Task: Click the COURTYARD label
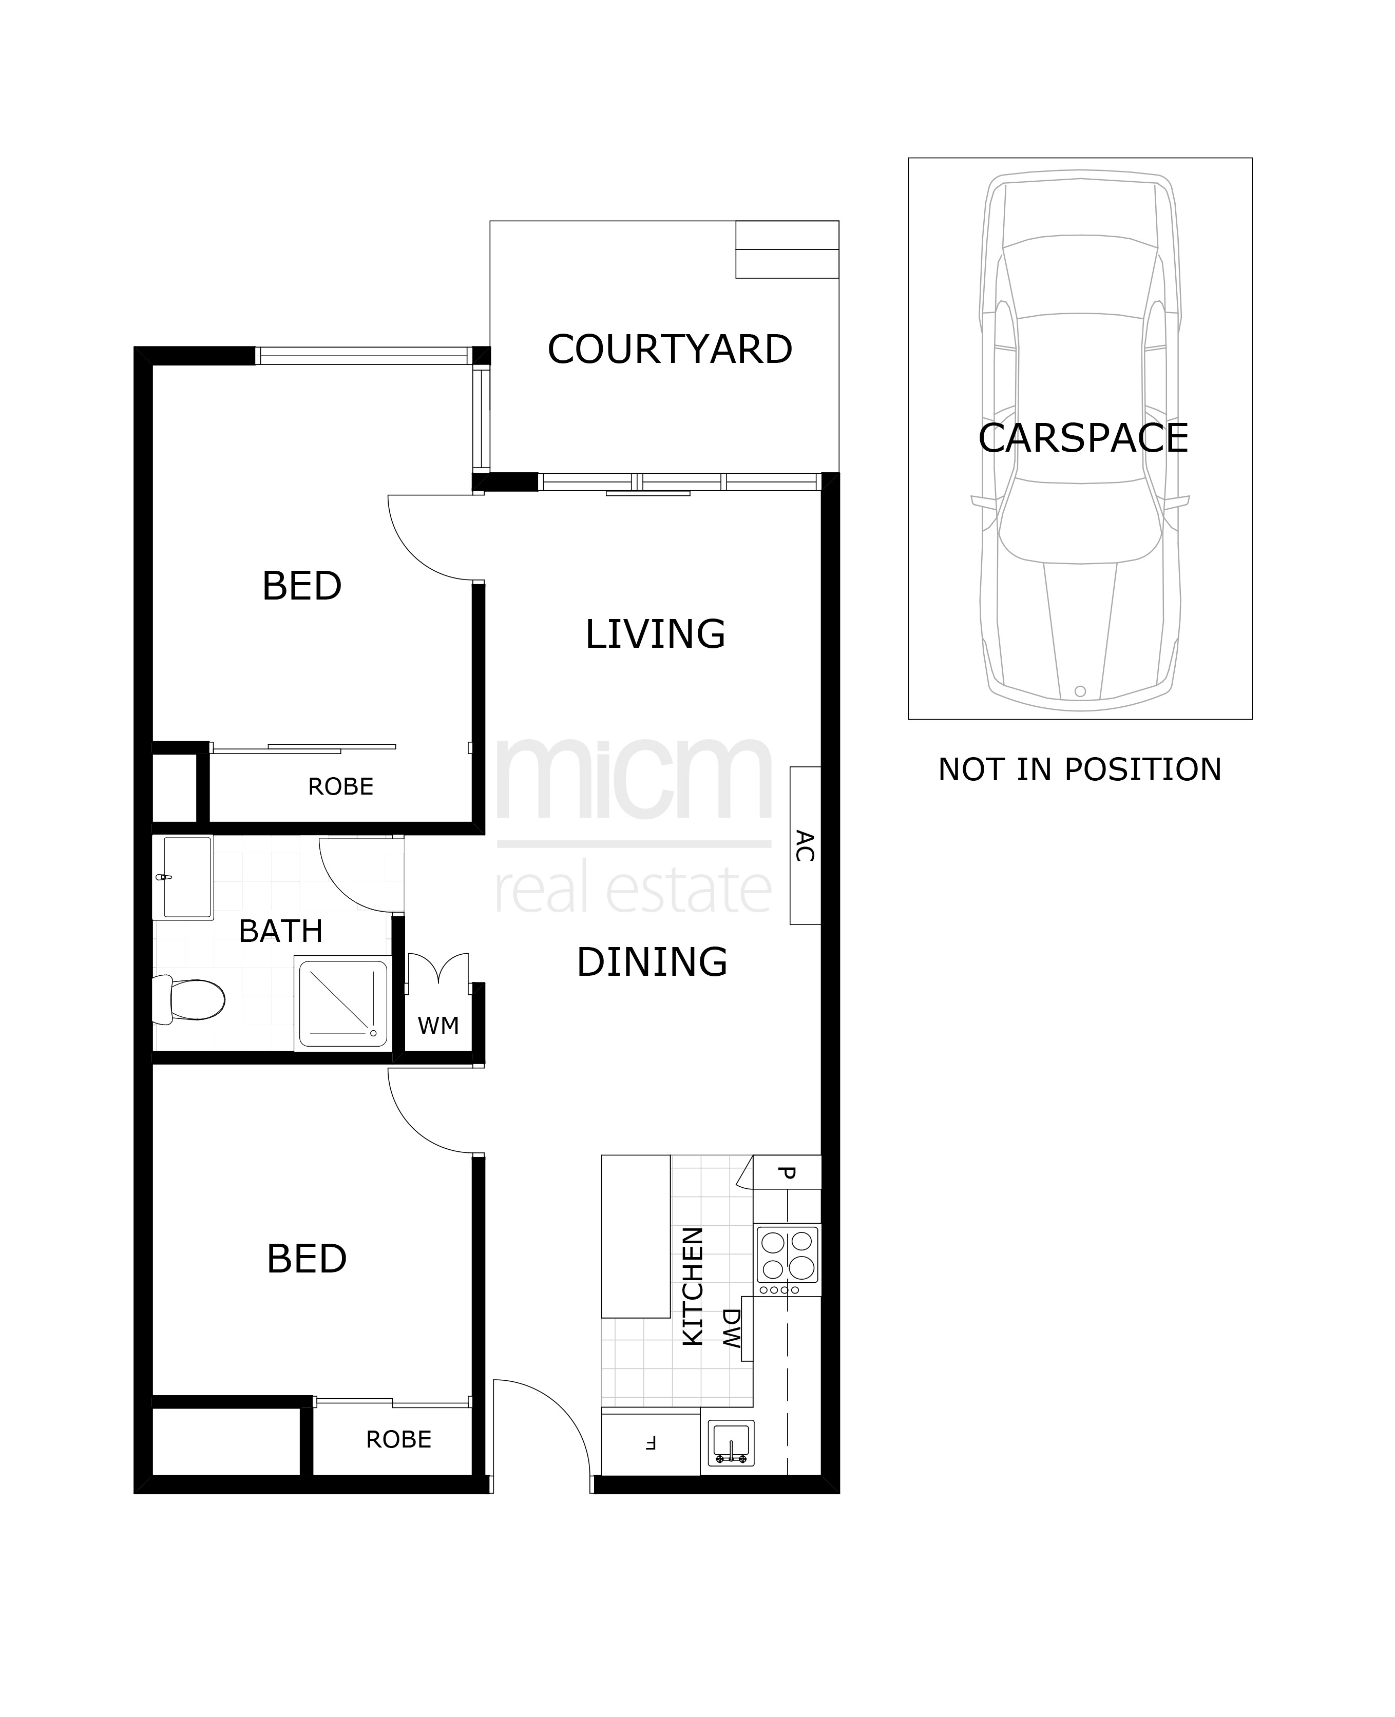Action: point(670,350)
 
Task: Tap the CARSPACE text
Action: point(1083,438)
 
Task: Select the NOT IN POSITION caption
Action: point(1079,770)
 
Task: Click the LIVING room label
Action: point(655,634)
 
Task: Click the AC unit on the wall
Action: point(805,845)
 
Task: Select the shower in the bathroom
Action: point(343,1002)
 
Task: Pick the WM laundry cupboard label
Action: point(438,1026)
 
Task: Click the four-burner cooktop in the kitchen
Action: point(788,1259)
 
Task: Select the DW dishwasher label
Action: point(731,1330)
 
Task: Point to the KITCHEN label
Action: point(693,1285)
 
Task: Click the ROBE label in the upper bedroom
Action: point(341,786)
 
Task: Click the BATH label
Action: point(280,931)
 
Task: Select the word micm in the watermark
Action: point(634,779)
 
